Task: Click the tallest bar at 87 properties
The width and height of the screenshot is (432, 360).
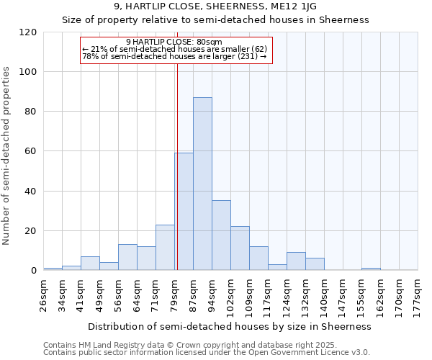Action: coord(202,184)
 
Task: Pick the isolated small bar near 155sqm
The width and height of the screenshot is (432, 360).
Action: coord(371,269)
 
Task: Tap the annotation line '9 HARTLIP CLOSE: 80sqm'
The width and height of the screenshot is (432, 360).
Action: coord(176,41)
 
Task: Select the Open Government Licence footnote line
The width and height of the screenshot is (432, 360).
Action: coord(207,352)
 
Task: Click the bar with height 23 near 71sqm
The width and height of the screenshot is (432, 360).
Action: coord(165,248)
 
